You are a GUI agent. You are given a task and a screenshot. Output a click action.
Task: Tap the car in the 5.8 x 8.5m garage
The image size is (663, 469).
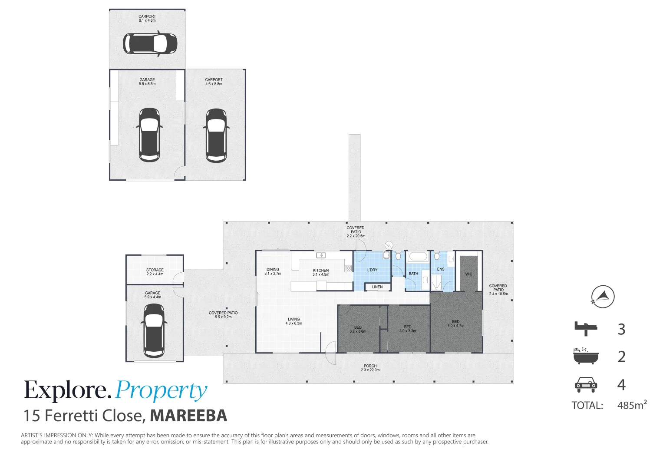click(149, 135)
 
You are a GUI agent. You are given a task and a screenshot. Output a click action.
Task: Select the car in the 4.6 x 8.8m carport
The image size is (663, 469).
click(216, 135)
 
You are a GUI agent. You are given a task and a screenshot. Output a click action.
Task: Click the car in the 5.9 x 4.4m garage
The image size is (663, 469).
click(154, 330)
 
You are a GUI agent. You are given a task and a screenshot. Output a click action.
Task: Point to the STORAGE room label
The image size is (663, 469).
click(155, 270)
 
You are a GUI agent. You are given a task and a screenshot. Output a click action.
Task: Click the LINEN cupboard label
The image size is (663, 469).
click(377, 287)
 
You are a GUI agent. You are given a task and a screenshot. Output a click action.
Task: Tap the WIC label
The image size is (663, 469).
click(468, 274)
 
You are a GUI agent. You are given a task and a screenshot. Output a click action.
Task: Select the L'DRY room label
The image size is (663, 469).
click(372, 270)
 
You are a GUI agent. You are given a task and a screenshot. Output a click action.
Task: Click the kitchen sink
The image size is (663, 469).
click(320, 255)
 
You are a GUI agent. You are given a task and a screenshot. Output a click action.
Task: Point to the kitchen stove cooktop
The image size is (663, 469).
click(348, 268)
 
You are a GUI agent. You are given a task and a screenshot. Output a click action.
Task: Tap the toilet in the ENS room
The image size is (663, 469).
click(437, 255)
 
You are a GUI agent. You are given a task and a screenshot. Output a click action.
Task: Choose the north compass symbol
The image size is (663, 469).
click(603, 297)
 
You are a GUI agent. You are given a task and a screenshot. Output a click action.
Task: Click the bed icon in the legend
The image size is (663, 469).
click(586, 328)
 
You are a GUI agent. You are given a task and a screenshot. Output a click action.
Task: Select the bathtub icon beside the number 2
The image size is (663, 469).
click(585, 356)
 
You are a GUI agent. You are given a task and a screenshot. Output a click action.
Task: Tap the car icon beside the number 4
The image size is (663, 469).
click(586, 384)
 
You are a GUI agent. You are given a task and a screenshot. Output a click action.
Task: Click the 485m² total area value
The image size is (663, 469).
click(632, 405)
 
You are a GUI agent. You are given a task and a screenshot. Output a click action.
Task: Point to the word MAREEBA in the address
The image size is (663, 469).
click(188, 416)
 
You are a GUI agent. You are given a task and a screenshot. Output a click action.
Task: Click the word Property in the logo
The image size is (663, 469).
click(161, 391)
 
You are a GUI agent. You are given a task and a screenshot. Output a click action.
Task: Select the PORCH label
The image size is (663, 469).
click(370, 366)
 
